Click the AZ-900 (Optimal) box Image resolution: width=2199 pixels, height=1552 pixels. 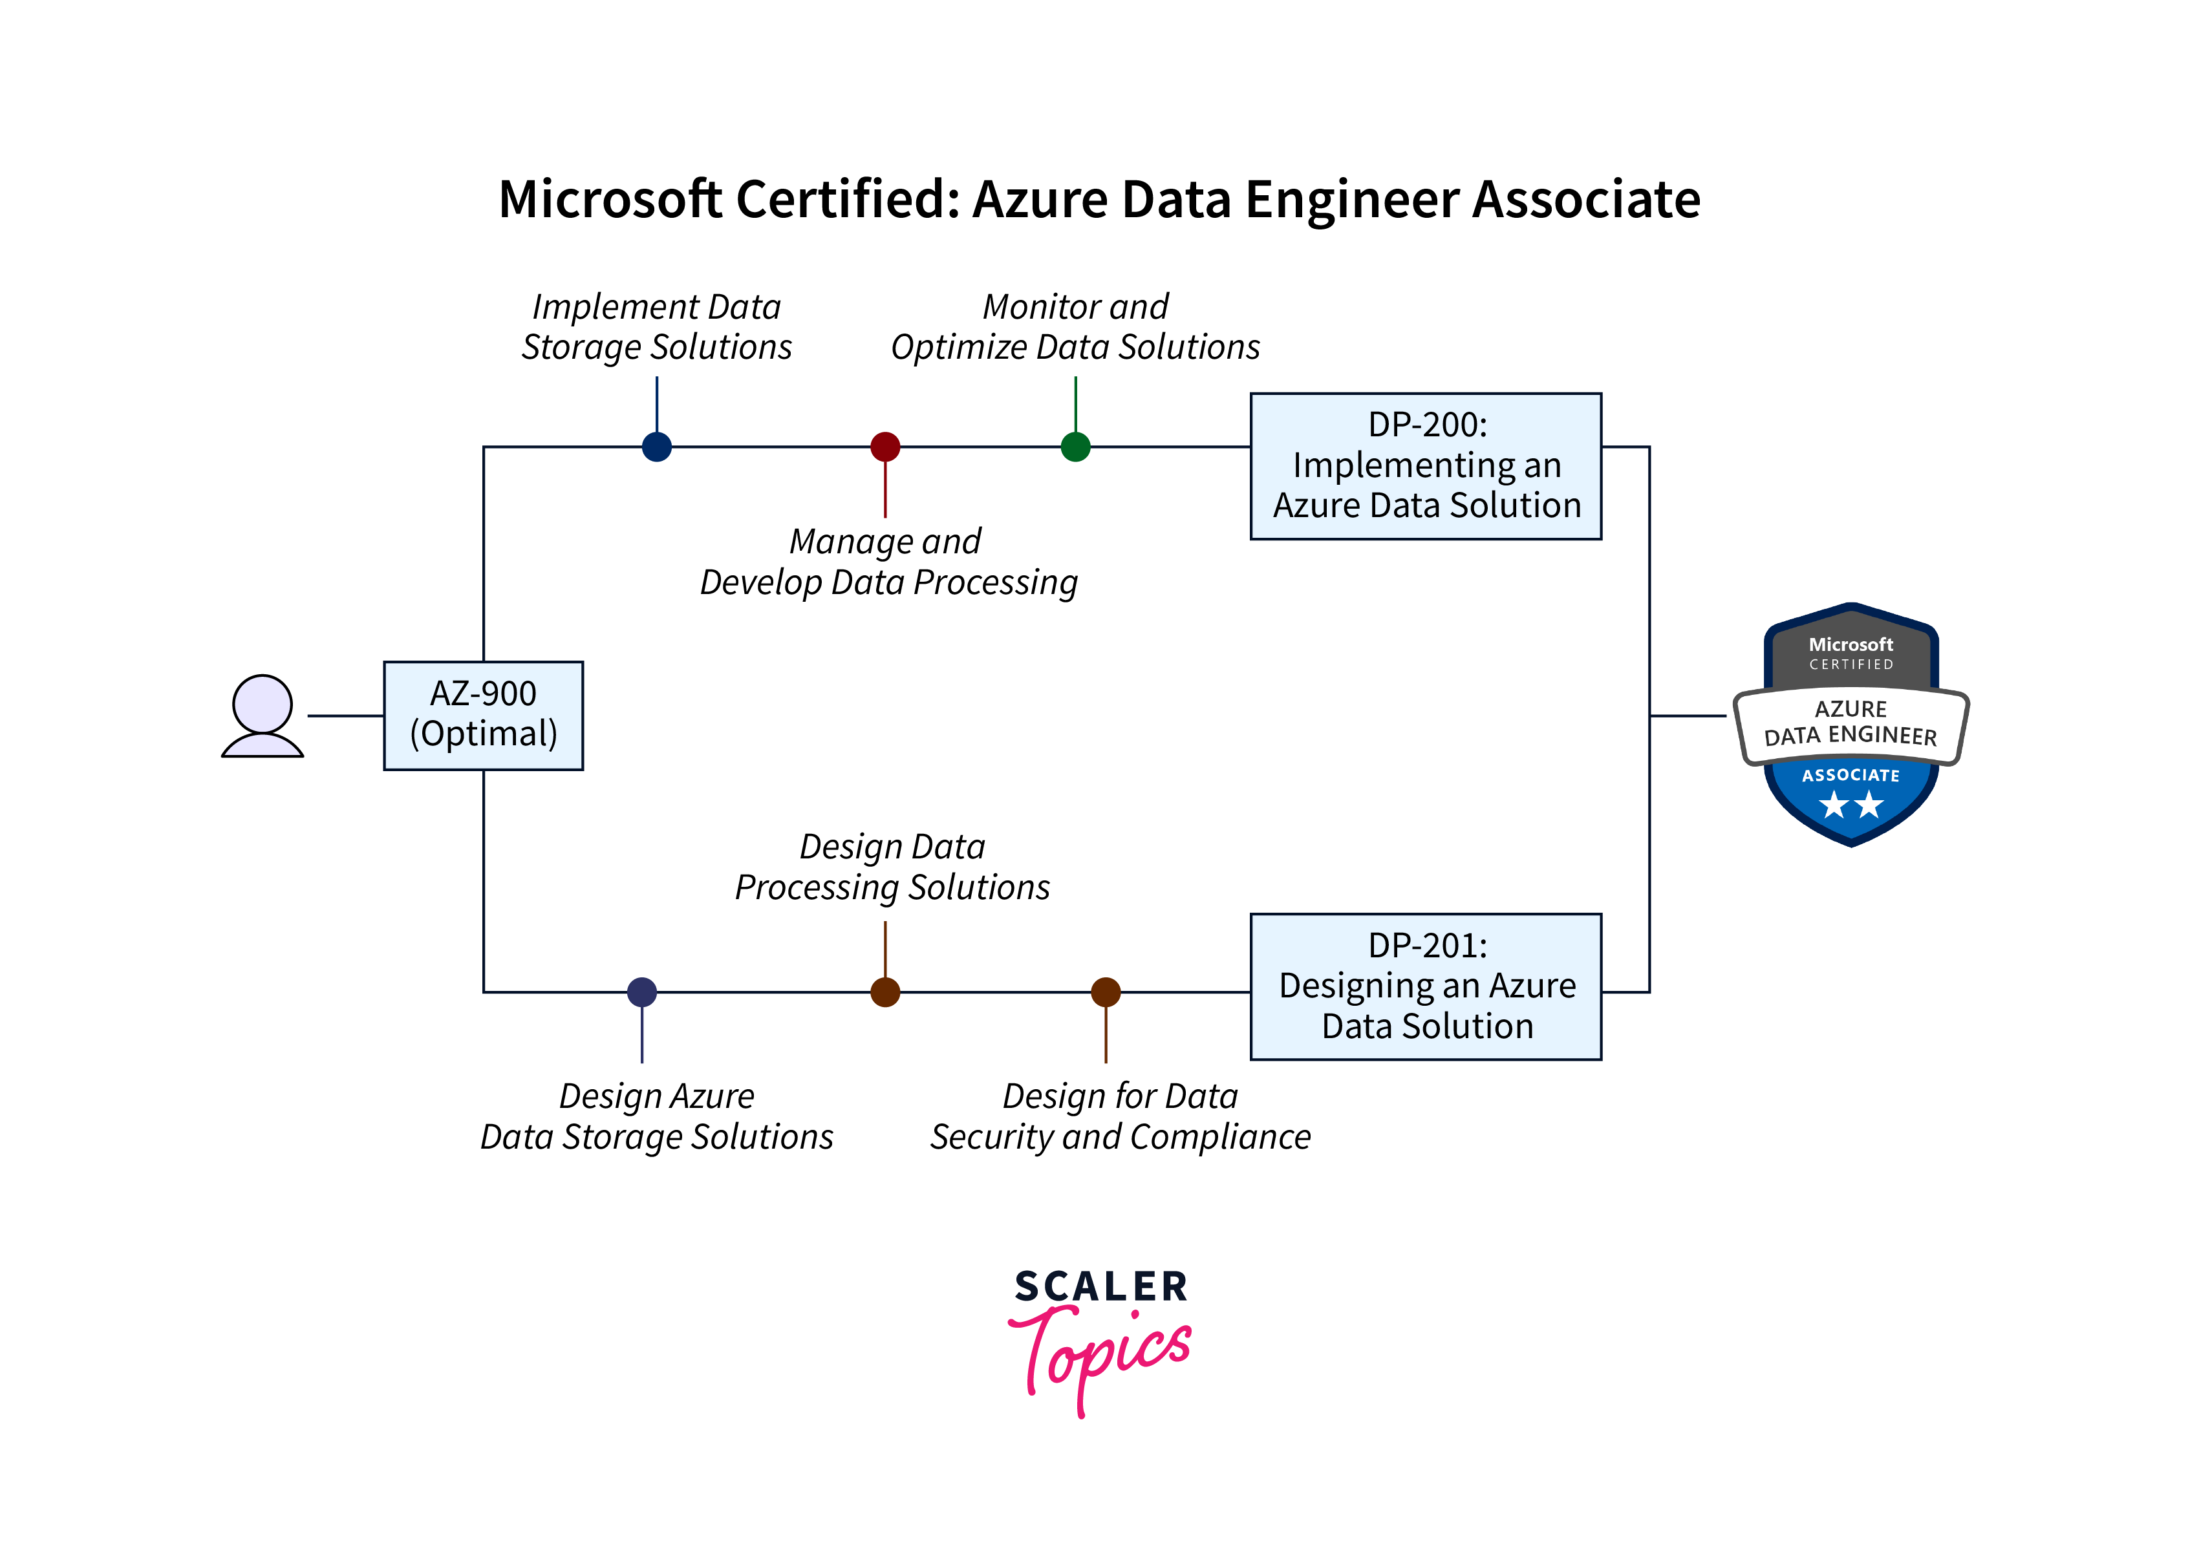[x=483, y=715]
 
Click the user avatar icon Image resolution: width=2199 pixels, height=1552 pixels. [x=263, y=716]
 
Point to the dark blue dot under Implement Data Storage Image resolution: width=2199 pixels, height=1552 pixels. [x=656, y=446]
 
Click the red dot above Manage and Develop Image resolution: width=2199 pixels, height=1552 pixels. [x=885, y=446]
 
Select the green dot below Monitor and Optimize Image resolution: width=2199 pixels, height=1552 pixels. [x=1075, y=446]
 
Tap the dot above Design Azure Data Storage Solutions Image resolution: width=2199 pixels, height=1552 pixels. [x=641, y=992]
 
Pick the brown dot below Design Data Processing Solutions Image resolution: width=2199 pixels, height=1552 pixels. [x=885, y=992]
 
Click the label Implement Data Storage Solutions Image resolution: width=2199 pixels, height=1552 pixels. [x=656, y=326]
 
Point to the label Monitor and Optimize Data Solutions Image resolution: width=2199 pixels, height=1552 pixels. [x=1075, y=326]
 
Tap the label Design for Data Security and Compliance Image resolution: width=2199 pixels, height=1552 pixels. [x=1120, y=1116]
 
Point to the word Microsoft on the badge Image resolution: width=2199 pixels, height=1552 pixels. [x=1850, y=644]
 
